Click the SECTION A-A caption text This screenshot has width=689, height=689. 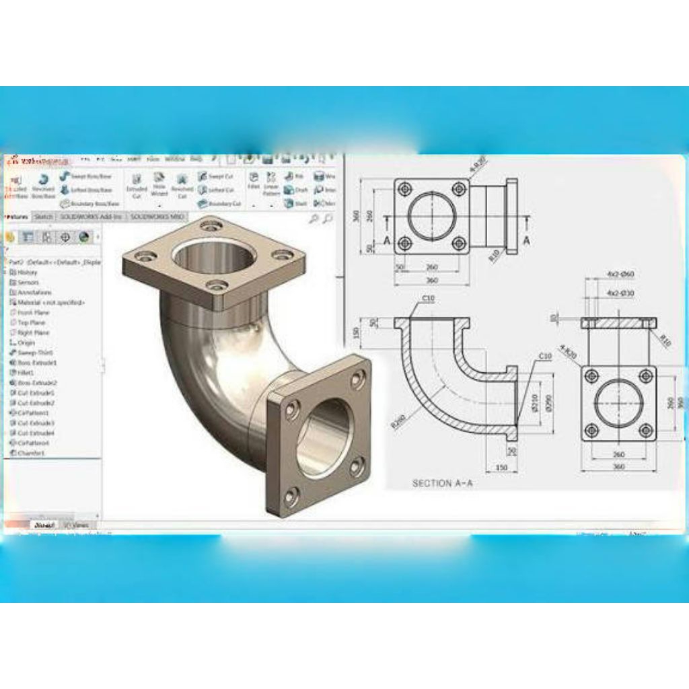(441, 483)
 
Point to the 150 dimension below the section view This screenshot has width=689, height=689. (501, 467)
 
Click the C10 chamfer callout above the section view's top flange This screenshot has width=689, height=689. (427, 298)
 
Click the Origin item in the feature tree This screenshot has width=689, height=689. (26, 342)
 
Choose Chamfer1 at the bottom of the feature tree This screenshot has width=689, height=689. (31, 453)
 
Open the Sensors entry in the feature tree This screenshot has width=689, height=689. (28, 283)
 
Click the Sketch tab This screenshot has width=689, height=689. (44, 217)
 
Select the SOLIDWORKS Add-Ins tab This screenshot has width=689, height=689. (92, 217)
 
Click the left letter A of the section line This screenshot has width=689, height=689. (387, 240)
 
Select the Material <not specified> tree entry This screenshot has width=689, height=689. (47, 303)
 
